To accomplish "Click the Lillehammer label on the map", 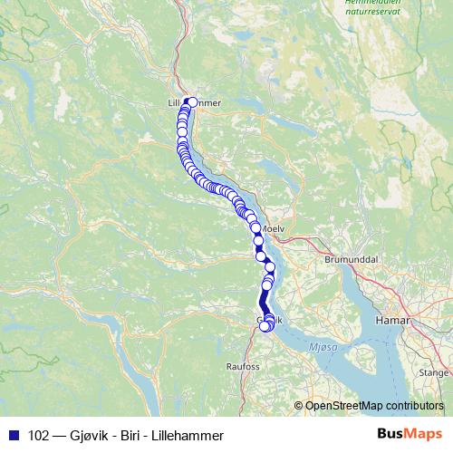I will (195, 103).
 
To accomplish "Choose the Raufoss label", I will (242, 367).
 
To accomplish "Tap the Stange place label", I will (434, 372).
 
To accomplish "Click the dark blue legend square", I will (14, 435).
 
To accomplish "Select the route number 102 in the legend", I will (40, 435).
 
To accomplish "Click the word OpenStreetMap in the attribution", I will (347, 406).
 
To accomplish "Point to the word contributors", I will (417, 406).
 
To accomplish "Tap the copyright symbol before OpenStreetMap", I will (299, 406).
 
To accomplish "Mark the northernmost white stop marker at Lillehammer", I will (191, 102).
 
